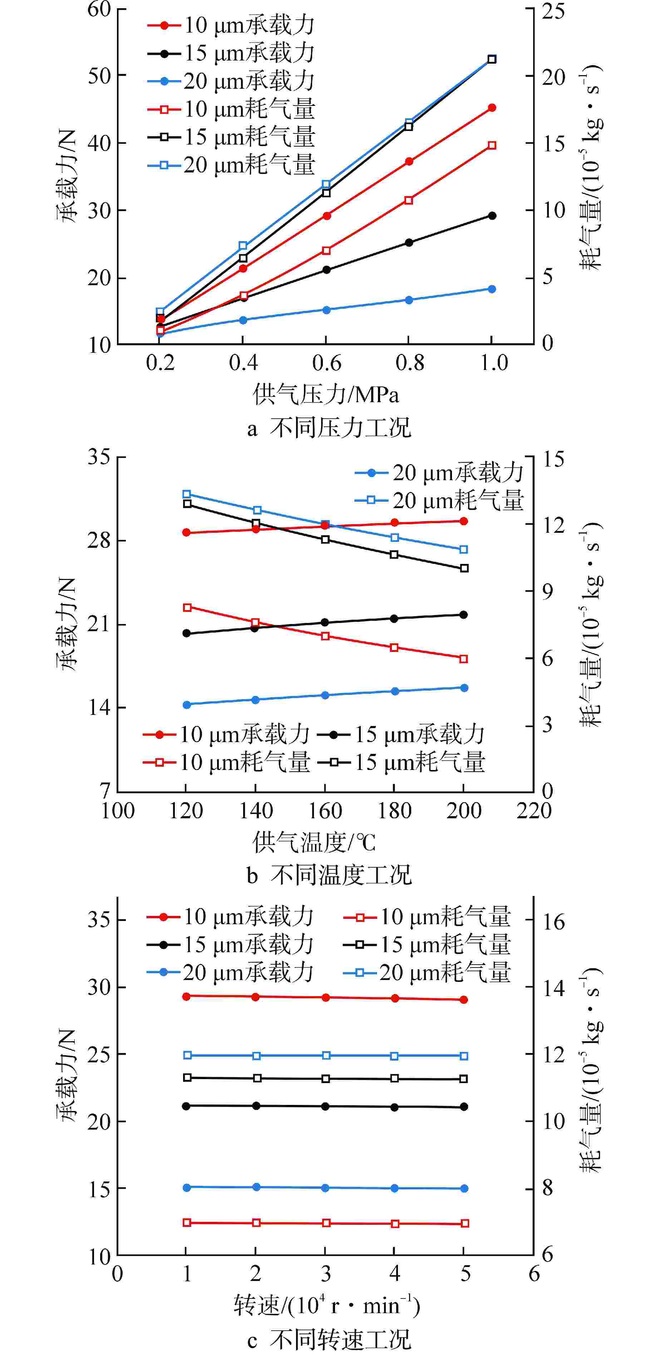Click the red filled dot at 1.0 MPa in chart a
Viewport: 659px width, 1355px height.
492,108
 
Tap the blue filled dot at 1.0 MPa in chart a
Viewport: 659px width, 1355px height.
492,289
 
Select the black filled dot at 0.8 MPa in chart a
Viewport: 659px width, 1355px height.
409,243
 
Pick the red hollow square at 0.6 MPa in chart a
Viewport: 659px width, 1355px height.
326,250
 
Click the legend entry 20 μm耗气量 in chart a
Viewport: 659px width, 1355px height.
231,165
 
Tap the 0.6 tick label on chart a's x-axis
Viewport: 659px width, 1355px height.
326,363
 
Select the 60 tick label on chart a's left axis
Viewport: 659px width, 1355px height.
99,9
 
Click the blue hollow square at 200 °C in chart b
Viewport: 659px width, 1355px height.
463,550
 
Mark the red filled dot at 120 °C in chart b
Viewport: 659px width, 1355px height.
186,532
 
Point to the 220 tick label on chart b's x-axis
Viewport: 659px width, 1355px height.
533,810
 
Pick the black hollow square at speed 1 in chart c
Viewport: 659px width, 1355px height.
187,1078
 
